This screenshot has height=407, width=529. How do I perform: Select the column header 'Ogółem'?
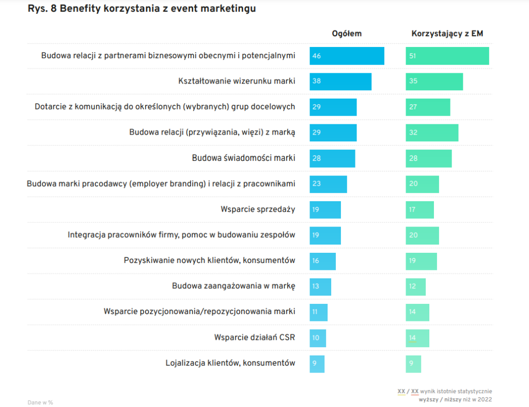click(x=347, y=34)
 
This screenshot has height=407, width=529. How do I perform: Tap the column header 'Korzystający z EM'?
click(x=447, y=34)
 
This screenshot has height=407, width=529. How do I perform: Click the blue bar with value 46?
click(x=347, y=56)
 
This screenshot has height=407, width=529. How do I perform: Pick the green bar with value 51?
click(x=447, y=56)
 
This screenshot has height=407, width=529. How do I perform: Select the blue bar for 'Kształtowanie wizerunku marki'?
click(x=340, y=82)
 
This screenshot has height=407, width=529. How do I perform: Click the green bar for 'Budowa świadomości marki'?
click(x=429, y=158)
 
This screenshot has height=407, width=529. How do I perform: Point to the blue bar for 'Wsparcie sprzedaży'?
click(x=325, y=209)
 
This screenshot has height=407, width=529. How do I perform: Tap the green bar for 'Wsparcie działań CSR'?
click(x=417, y=338)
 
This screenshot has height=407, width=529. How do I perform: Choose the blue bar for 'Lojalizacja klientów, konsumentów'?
click(x=317, y=363)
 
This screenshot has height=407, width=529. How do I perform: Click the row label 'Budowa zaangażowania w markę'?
click(x=234, y=286)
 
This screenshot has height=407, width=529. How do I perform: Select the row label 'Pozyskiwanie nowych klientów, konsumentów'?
click(x=210, y=261)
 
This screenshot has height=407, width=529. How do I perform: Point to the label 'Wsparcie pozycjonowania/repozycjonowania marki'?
click(x=199, y=312)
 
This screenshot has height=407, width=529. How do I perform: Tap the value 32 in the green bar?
click(x=413, y=133)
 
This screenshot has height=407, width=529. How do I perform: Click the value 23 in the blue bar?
click(x=316, y=184)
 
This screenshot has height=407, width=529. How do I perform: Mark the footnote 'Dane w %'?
click(x=40, y=402)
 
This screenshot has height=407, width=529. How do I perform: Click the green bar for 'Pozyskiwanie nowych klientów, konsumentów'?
click(x=421, y=261)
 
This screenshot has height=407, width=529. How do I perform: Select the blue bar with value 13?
click(x=320, y=286)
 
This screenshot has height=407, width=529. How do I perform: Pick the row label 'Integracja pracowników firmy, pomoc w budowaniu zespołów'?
click(x=181, y=235)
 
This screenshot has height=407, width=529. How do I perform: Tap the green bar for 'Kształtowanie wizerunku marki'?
click(x=434, y=82)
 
